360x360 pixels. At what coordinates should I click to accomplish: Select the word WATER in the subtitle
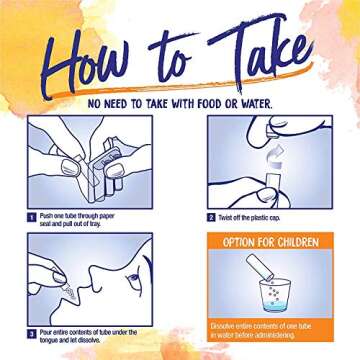point(255,104)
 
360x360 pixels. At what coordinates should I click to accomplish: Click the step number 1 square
point(32,218)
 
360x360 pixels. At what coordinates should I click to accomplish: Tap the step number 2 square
point(211,218)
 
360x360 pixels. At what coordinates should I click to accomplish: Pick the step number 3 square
point(32,334)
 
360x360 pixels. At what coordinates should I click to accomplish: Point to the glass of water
point(276,295)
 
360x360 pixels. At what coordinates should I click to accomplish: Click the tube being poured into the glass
point(260,267)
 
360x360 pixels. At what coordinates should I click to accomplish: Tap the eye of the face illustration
point(134,279)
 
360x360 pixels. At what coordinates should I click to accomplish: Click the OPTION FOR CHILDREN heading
point(270,242)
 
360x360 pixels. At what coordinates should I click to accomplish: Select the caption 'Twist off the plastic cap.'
point(249,218)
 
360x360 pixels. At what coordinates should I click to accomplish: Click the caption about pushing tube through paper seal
point(77,220)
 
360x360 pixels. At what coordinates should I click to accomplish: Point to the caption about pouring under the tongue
point(88,336)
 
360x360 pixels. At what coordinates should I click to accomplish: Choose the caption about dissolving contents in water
point(261,330)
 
